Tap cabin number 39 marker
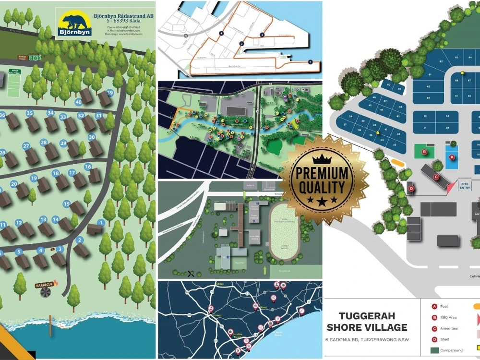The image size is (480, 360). [x=110, y=93]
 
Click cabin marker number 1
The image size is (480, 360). [x=101, y=222]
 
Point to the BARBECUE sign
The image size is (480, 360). [x=45, y=285]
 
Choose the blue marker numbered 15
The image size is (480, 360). [x=67, y=204]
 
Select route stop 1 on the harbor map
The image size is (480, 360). [x=310, y=61]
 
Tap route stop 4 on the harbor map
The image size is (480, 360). [x=221, y=33]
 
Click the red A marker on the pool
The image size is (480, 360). [x=451, y=157]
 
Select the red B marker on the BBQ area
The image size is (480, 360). [x=424, y=152]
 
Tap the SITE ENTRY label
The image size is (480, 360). [x=465, y=185]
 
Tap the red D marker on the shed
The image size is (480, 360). [x=411, y=189]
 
